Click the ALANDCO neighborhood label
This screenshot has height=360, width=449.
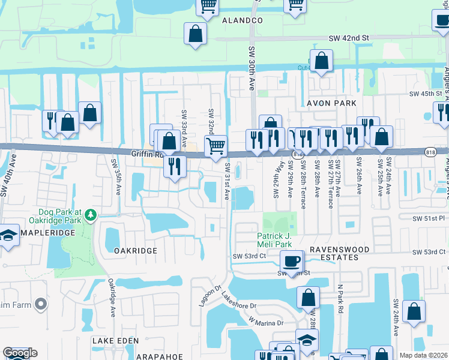(x=243, y=20)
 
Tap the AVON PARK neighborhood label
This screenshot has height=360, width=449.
(x=331, y=103)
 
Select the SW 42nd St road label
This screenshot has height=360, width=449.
(x=349, y=38)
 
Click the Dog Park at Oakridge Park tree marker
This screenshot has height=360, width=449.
(x=90, y=214)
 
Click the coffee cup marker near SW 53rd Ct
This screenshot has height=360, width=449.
(x=292, y=260)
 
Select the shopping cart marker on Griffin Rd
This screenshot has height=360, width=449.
(x=215, y=145)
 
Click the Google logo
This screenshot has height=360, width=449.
(x=20, y=353)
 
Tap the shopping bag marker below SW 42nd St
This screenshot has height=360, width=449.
(x=322, y=61)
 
